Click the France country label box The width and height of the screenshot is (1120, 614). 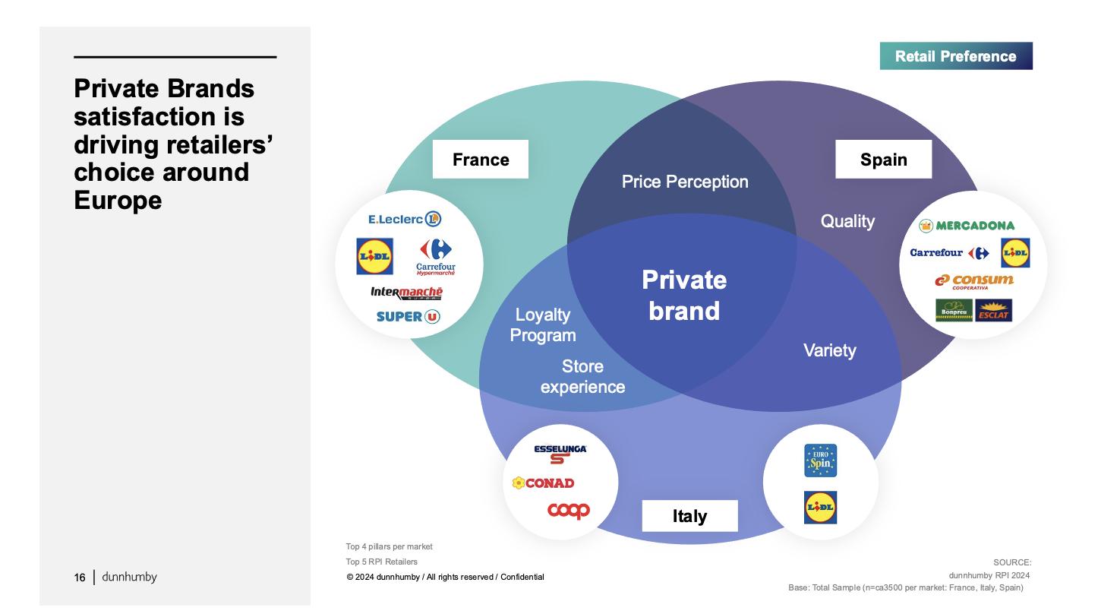click(481, 160)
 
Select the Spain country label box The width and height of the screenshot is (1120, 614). click(883, 160)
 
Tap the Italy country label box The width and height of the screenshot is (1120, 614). click(689, 517)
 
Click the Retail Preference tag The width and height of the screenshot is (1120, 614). click(955, 56)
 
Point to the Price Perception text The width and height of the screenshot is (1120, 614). click(685, 182)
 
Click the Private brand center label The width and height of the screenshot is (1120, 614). click(684, 296)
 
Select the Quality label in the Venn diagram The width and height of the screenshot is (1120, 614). click(847, 221)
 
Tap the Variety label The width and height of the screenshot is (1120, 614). click(829, 350)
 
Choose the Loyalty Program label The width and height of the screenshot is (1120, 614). click(543, 324)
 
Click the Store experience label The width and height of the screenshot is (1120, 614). click(582, 377)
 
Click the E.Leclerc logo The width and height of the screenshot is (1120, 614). click(405, 220)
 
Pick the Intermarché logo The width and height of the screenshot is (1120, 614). click(406, 293)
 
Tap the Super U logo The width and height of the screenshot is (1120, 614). click(408, 316)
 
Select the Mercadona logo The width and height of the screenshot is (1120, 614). click(967, 226)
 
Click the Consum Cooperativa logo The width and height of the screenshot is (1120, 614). click(973, 281)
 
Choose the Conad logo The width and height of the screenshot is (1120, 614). click(543, 483)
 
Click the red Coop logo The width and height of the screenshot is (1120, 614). click(569, 511)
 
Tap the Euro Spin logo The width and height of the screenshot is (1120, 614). click(820, 460)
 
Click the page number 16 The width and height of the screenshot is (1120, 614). click(80, 578)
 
